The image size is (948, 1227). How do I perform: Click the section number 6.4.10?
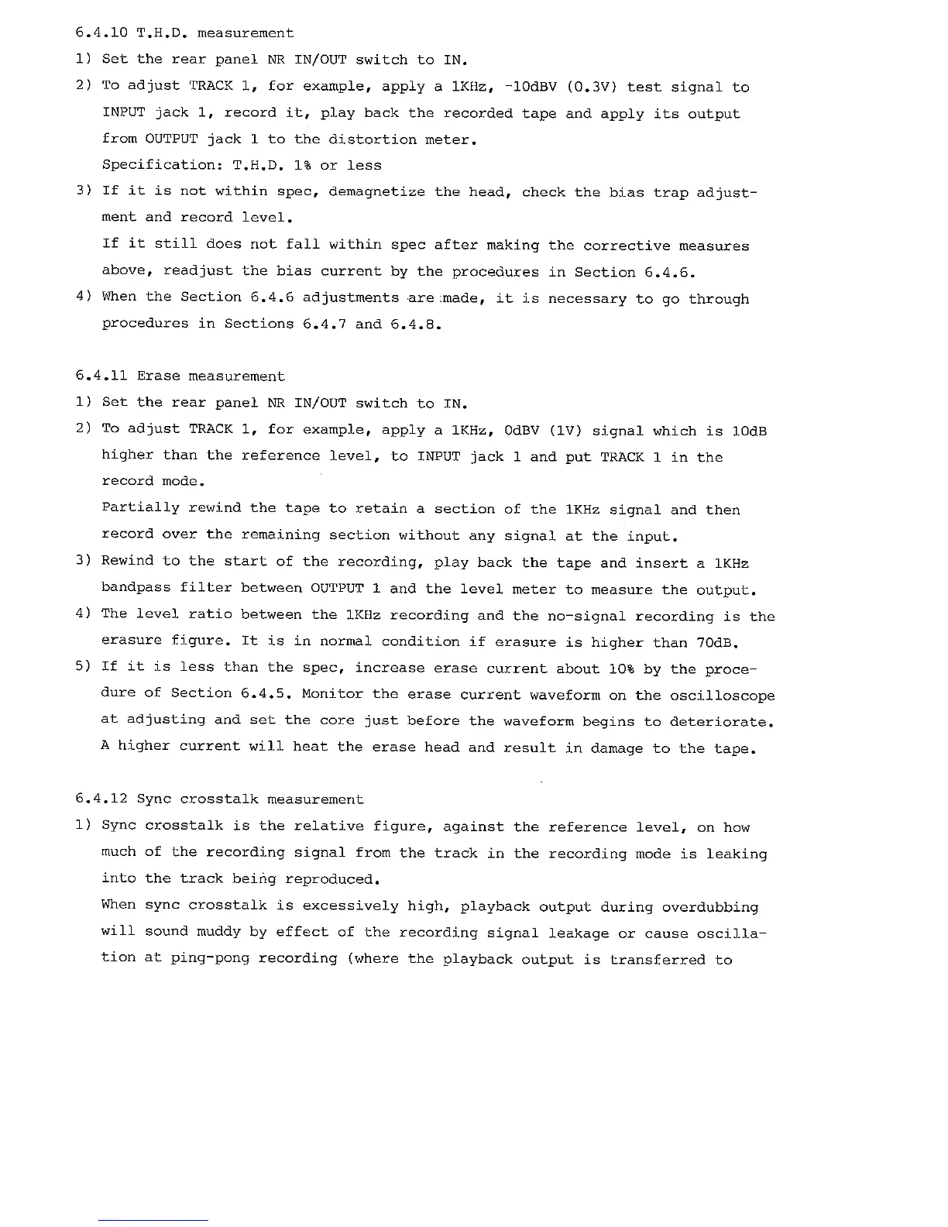pos(101,33)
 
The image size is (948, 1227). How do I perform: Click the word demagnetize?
pos(376,191)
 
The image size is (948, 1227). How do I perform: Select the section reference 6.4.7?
pos(324,324)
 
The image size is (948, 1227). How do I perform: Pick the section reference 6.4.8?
pos(416,325)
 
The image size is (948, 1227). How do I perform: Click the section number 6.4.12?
pos(101,799)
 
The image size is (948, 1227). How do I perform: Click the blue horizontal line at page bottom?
pos(153,1220)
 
